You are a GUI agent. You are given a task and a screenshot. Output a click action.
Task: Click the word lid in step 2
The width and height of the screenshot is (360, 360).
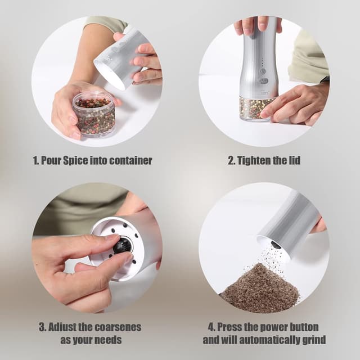pos(294,160)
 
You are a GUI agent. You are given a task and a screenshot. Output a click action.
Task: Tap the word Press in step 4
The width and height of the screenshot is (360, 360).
pos(229,327)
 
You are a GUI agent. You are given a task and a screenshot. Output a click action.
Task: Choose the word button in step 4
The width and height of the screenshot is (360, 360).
pos(303,327)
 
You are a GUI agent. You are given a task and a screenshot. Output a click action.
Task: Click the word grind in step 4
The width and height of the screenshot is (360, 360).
pos(315,340)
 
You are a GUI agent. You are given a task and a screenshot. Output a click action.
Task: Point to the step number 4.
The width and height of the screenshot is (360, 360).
pos(211,327)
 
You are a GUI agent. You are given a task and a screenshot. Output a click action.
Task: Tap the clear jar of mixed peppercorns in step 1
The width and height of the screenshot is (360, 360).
pos(94,114)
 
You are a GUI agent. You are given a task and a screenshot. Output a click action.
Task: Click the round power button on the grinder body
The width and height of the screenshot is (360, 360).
pos(263,72)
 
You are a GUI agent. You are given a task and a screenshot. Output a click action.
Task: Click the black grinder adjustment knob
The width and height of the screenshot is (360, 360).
pos(123,246)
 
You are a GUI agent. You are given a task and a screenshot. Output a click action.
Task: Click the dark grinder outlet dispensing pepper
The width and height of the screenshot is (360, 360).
pos(276,245)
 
